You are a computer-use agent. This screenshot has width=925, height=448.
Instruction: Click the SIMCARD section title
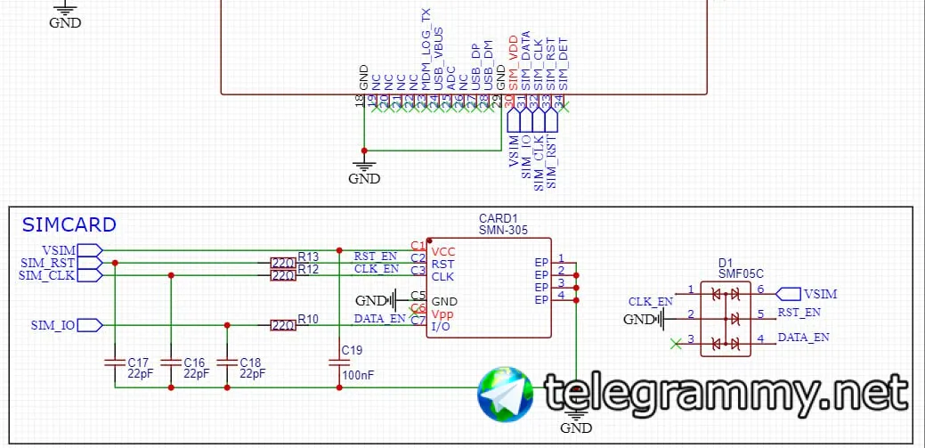click(69, 224)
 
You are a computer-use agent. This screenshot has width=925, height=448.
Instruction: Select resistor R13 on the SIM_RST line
click(283, 263)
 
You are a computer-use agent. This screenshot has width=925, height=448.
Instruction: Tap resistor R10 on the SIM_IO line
click(283, 325)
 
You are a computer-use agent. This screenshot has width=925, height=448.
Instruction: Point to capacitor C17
click(114, 363)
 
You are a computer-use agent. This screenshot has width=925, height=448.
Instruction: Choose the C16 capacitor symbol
click(170, 363)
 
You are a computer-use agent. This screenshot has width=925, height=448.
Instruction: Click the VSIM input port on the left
click(90, 249)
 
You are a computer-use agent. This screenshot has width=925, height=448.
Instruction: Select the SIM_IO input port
click(90, 325)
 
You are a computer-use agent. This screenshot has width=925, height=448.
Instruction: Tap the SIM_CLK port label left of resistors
click(46, 275)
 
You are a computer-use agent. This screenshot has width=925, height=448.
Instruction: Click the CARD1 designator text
click(498, 218)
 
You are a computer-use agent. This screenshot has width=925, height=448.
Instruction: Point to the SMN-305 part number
click(503, 230)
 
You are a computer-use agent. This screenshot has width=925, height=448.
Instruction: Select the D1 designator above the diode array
click(726, 264)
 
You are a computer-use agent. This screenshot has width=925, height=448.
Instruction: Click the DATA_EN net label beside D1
click(803, 338)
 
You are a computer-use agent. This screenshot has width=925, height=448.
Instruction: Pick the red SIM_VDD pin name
click(514, 62)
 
